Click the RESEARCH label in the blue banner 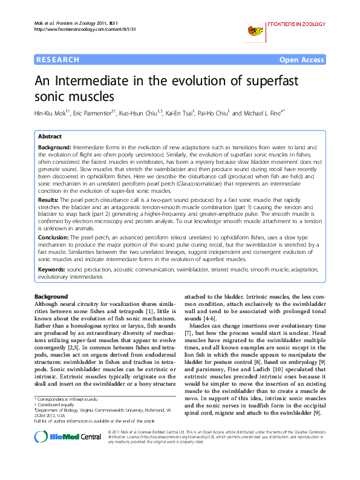[57, 60]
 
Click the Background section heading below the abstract [51, 296]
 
